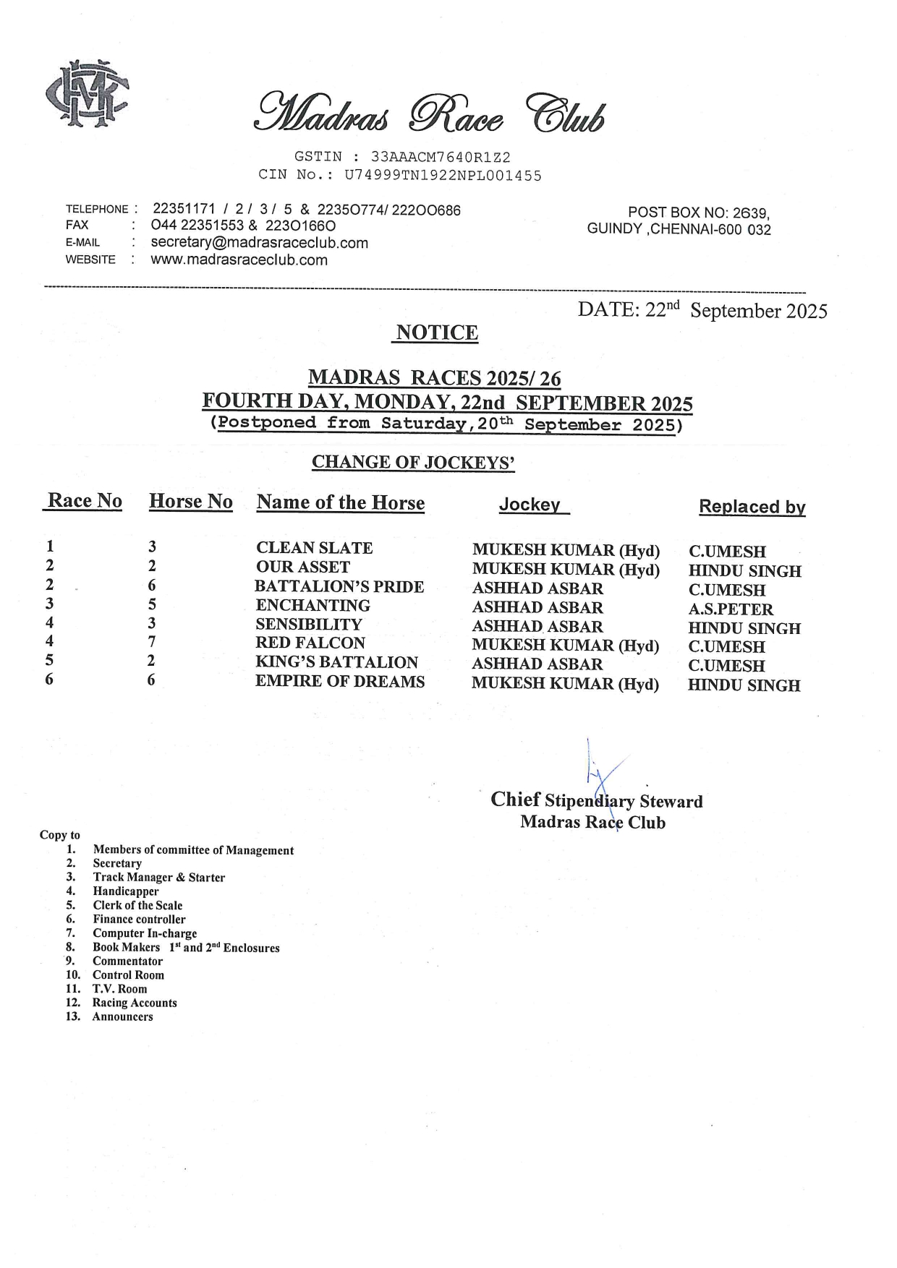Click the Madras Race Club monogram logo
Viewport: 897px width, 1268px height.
point(87,93)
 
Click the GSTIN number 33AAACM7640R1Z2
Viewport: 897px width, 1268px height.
point(441,157)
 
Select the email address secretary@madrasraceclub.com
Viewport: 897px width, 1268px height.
point(259,243)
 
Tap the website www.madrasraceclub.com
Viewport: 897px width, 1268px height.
point(239,260)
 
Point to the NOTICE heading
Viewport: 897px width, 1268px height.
point(437,333)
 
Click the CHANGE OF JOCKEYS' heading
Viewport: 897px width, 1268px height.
point(413,463)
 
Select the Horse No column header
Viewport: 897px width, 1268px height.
point(190,502)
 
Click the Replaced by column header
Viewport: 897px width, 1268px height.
point(752,507)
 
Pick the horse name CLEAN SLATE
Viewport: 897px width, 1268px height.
point(314,548)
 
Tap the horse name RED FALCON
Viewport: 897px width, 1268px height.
point(310,643)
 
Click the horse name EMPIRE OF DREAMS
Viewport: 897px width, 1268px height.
point(339,682)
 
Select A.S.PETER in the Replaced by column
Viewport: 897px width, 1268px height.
point(731,609)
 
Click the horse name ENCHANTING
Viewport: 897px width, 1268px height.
point(313,605)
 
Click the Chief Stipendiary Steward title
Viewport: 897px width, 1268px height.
point(596,800)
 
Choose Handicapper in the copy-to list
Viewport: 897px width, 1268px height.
point(125,891)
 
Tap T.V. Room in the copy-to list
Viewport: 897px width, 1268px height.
point(119,989)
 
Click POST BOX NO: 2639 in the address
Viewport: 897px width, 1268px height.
point(698,213)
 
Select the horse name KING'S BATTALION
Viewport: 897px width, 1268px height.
point(336,662)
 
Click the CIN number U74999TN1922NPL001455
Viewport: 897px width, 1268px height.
point(443,175)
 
